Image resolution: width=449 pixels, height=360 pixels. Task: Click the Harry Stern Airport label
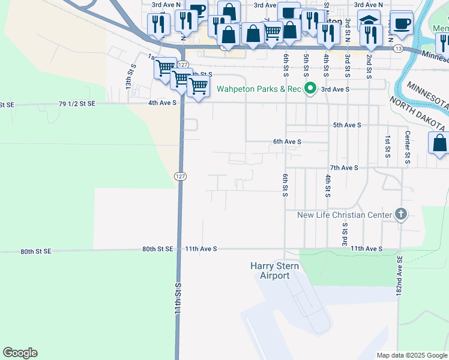tap(270, 271)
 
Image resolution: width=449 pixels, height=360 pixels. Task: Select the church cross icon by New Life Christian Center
tap(400, 214)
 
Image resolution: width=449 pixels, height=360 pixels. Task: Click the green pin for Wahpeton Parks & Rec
tap(310, 89)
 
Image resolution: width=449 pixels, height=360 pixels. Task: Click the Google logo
tap(20, 353)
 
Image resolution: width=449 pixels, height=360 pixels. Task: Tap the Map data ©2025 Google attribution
tap(411, 355)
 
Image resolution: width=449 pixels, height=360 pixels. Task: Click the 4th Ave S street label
tap(163, 103)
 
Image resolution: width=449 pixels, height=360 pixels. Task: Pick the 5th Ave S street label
tap(347, 125)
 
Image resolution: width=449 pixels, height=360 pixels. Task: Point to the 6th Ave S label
tap(287, 142)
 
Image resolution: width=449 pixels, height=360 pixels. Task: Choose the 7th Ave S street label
tap(343, 168)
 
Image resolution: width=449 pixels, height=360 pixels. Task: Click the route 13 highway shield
tap(399, 48)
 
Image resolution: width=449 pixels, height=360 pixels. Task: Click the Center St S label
tap(408, 145)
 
